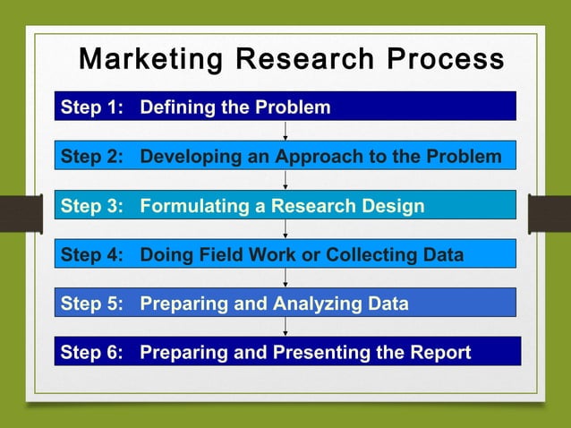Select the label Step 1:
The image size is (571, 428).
91,108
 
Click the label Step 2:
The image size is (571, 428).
91,157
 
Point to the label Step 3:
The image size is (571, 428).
91,206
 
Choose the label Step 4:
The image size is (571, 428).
91,255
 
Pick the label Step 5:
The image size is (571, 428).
91,304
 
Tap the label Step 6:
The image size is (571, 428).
91,352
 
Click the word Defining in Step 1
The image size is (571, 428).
178,108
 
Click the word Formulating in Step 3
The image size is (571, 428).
192,206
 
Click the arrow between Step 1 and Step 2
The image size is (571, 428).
285,131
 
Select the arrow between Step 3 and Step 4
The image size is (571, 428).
285,229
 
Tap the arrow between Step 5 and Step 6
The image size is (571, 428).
285,327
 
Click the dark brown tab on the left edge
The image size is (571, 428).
21,214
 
